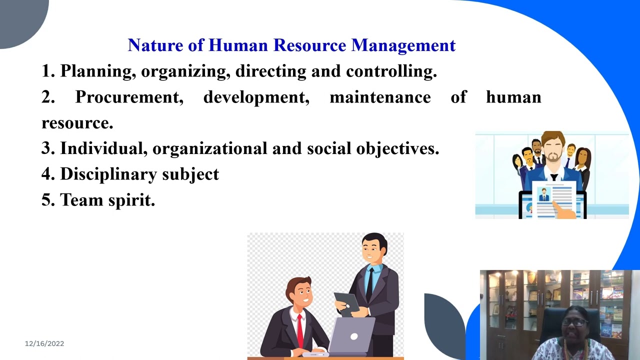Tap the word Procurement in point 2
click(129, 97)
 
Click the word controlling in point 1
click(391, 71)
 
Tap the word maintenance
click(380, 97)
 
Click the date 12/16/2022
click(44, 343)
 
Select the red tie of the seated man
click(300, 330)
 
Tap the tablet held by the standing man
click(347, 303)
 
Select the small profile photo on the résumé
click(543, 194)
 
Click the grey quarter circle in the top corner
click(20, 20)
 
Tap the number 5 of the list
click(47, 200)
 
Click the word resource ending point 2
click(77, 123)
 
